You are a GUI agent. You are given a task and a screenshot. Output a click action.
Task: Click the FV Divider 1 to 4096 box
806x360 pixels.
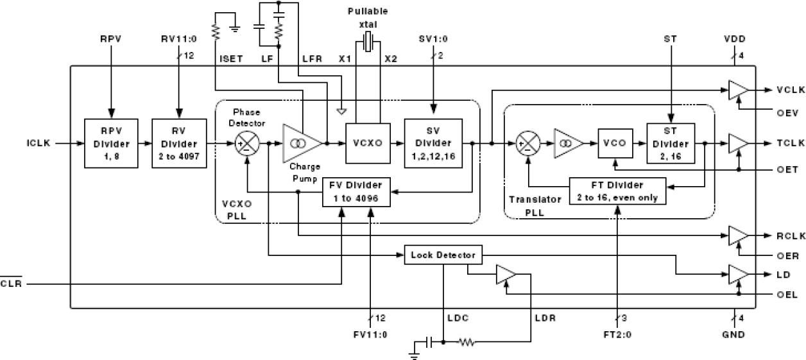pos(357,192)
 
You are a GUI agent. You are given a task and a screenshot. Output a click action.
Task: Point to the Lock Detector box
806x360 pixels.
pos(443,255)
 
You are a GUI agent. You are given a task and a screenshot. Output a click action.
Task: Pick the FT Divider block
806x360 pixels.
pos(617,192)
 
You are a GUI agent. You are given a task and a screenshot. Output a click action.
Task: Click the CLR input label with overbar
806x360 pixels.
pos(11,284)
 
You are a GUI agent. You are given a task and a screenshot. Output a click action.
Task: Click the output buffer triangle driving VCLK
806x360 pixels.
pos(737,90)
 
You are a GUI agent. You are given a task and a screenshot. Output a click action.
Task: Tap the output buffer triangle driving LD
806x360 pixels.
pos(737,274)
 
